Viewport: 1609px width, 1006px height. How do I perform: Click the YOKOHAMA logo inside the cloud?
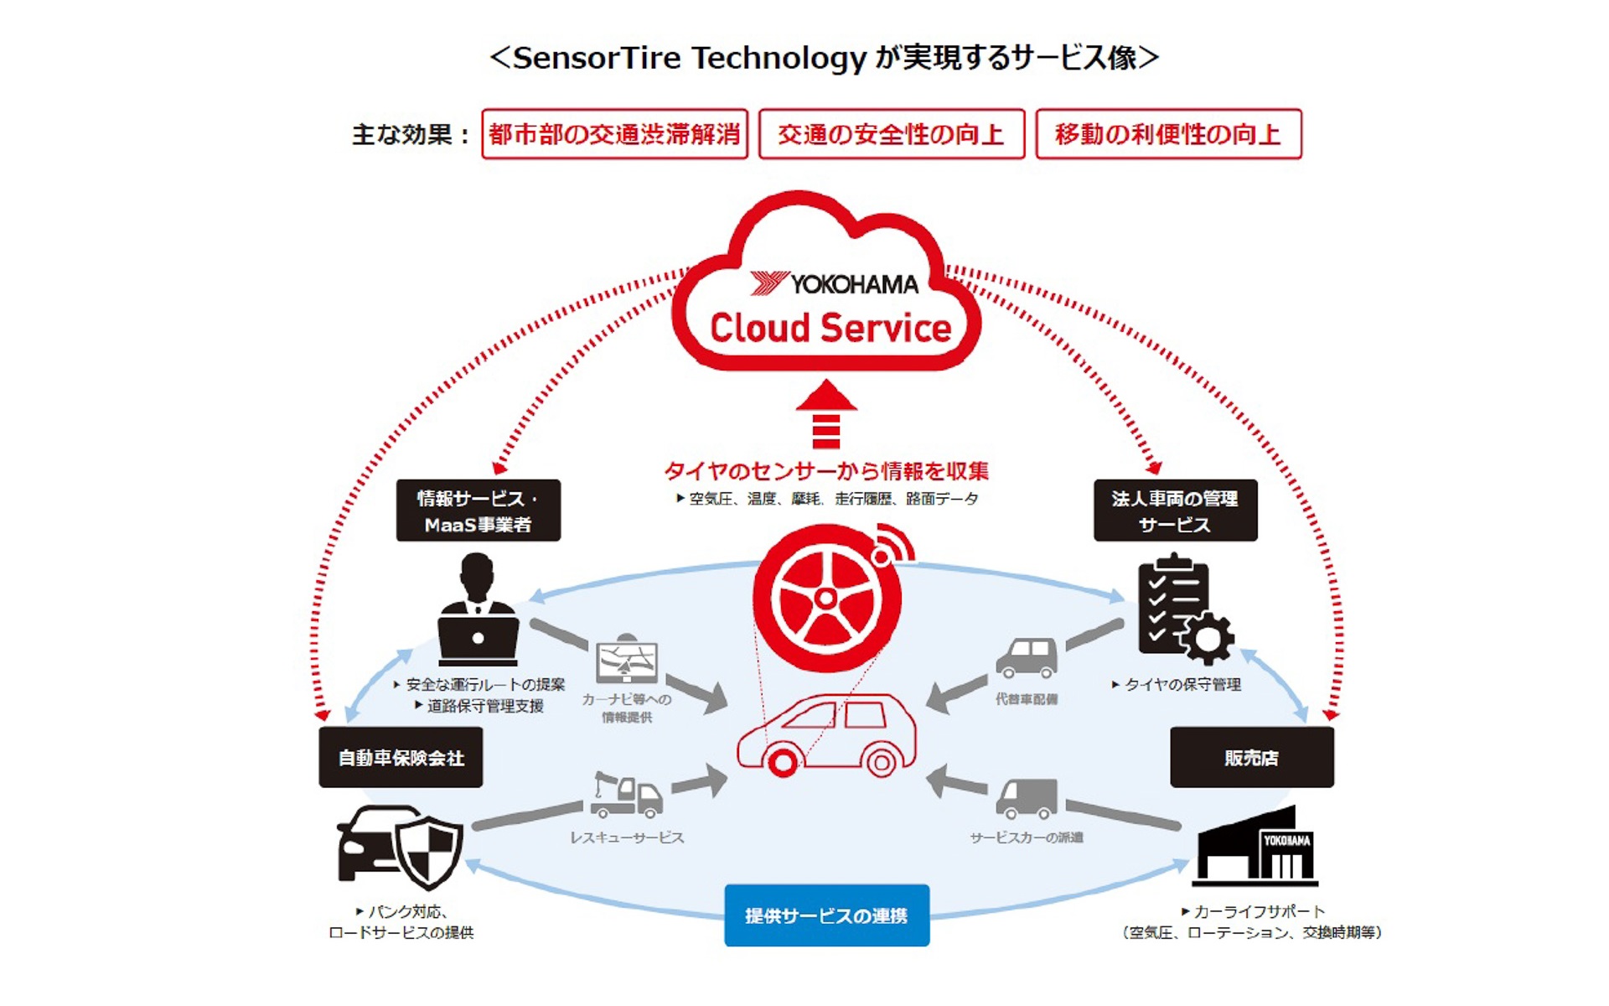click(x=834, y=284)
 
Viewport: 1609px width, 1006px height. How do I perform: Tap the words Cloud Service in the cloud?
click(x=830, y=328)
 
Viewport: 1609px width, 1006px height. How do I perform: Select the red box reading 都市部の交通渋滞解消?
click(x=614, y=134)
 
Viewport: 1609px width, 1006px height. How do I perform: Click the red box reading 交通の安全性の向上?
click(x=891, y=134)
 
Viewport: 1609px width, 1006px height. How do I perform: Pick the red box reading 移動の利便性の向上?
click(x=1168, y=134)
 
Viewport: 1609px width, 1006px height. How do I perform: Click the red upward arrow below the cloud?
click(x=826, y=415)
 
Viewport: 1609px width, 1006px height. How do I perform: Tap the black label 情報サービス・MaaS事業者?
click(x=478, y=511)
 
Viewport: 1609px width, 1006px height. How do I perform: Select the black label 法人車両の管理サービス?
click(x=1175, y=511)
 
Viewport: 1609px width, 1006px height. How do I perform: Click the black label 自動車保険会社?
click(x=401, y=758)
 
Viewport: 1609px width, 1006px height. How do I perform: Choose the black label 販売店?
click(x=1251, y=758)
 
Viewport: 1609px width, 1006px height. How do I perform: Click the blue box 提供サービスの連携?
click(x=826, y=915)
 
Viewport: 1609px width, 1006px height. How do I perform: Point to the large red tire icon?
click(x=826, y=599)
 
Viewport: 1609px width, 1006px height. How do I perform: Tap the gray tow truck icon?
click(x=627, y=795)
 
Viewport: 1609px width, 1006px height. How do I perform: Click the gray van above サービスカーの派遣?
click(x=1027, y=798)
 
